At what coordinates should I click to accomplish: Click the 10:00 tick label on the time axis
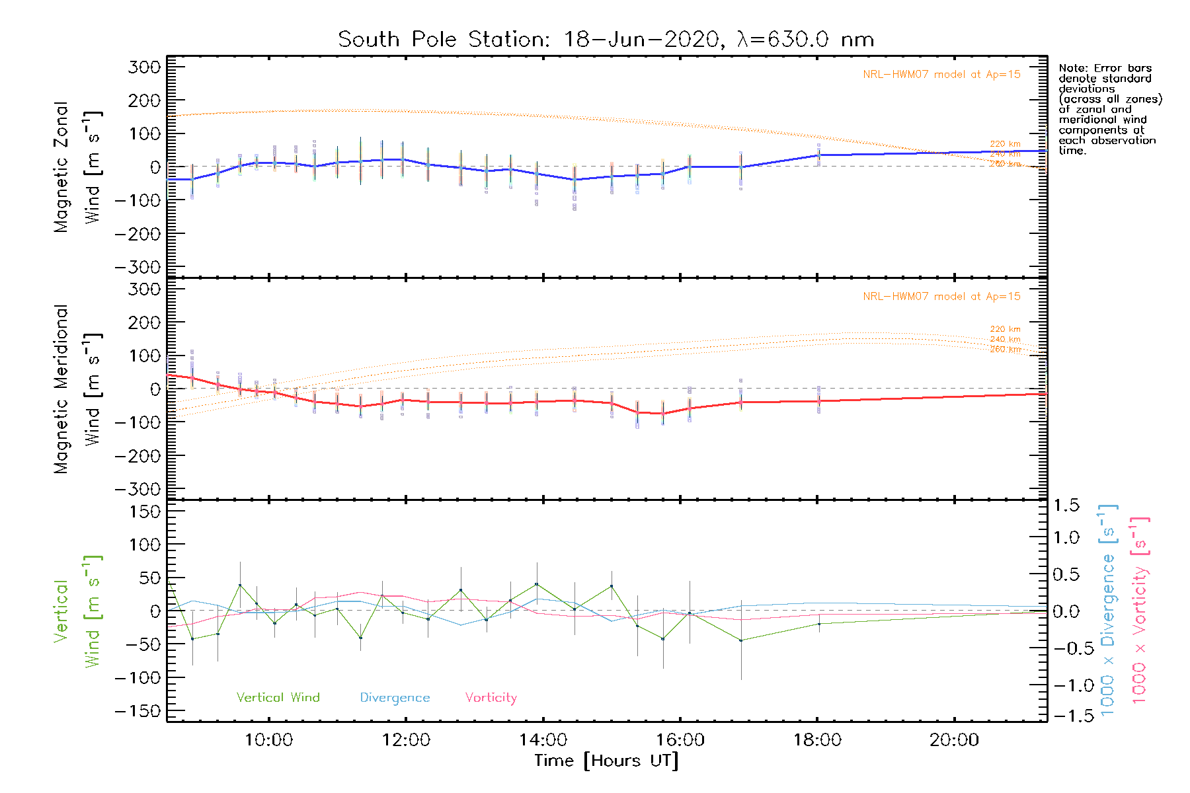pos(268,740)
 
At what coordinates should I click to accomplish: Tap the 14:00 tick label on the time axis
pos(543,740)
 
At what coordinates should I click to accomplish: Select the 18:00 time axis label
pos(817,740)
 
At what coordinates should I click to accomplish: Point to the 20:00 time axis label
pos(954,740)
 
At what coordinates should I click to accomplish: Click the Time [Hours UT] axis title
pos(606,761)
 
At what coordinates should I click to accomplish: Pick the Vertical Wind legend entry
pos(278,698)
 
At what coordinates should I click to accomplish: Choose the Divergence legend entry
pos(395,698)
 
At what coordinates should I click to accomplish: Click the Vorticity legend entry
pos(491,698)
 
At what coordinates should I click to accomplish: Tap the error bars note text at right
pos(1109,109)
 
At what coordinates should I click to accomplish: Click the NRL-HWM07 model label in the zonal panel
pos(941,75)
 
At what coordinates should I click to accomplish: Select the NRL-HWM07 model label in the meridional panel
pos(941,297)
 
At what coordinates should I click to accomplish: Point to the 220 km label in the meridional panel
pos(1005,329)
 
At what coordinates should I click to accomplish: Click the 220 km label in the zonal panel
pos(1005,144)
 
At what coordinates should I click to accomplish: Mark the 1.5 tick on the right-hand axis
pos(1066,506)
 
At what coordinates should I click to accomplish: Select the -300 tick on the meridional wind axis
pos(138,489)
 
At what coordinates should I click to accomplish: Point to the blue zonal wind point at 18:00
pos(818,155)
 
